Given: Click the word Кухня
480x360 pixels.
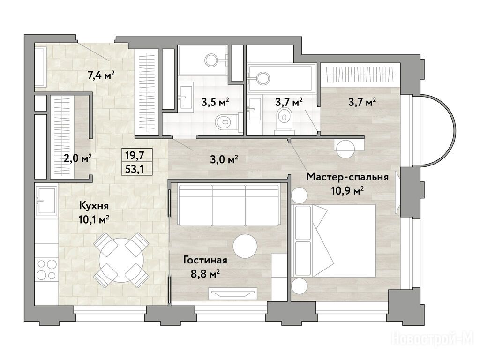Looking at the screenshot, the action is (x=94, y=206).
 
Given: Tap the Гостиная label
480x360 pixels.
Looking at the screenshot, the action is (x=205, y=260).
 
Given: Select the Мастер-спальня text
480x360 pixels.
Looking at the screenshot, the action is (x=347, y=177).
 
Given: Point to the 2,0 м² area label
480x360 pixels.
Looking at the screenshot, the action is (x=77, y=158).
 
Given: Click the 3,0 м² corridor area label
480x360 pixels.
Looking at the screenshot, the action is (x=224, y=159).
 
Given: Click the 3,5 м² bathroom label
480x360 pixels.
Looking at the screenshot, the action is (x=215, y=102).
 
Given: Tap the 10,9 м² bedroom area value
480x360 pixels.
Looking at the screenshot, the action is (x=347, y=191).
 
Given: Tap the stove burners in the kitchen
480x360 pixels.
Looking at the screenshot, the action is (x=46, y=270).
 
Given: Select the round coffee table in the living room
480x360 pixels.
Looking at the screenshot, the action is (x=245, y=246).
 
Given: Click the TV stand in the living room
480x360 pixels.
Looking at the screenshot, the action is (x=233, y=293).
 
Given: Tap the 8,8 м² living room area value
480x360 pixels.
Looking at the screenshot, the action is (x=205, y=274).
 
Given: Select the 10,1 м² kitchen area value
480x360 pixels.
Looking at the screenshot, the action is (x=94, y=219).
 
